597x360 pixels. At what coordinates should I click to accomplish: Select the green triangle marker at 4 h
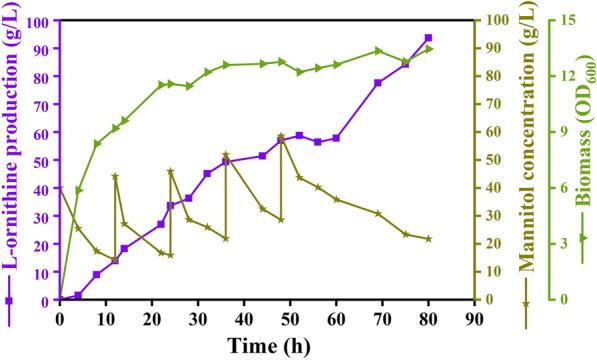point(79,190)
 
